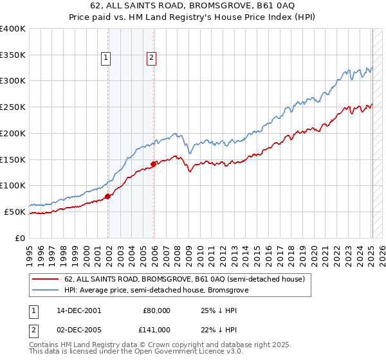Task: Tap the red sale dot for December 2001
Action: pyautogui.click(x=108, y=196)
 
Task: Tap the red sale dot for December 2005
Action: pyautogui.click(x=154, y=164)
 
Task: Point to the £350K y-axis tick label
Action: pyautogui.click(x=12, y=55)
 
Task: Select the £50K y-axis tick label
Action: pyautogui.click(x=15, y=212)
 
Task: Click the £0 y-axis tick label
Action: pyautogui.click(x=21, y=238)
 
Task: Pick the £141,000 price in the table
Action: pyautogui.click(x=155, y=330)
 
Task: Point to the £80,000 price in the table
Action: pyautogui.click(x=156, y=310)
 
